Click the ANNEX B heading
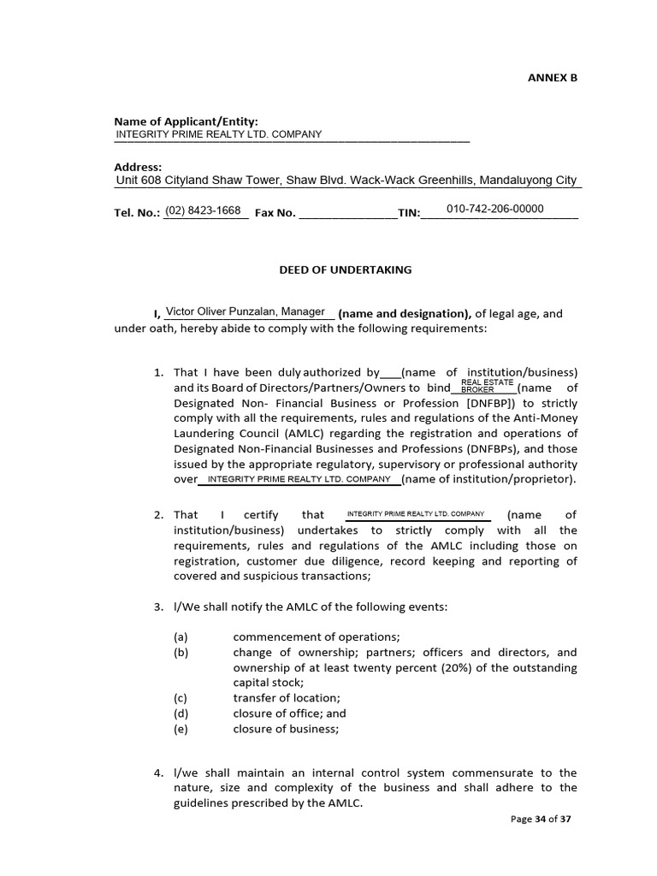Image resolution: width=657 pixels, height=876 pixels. point(552,77)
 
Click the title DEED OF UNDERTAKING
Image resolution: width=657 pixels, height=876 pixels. point(346,269)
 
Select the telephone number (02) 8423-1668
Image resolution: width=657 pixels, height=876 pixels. point(203,210)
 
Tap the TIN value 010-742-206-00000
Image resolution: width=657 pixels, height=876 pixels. point(494,209)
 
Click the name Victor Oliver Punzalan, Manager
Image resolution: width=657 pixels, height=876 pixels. point(245,312)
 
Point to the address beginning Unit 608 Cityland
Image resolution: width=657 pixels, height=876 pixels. point(346,181)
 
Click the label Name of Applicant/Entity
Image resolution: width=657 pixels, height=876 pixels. point(186,121)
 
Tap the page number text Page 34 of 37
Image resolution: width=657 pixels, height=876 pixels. point(540,819)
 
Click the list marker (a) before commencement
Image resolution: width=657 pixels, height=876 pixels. point(181,636)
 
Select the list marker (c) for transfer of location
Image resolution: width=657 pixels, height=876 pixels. point(181,698)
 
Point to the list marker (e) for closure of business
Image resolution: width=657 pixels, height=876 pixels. point(181,729)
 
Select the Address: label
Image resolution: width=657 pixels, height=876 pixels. point(138,167)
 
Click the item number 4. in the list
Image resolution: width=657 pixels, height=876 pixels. point(158,772)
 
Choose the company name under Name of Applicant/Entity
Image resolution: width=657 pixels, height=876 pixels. point(218,134)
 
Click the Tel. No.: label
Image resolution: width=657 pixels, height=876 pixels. point(137,213)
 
